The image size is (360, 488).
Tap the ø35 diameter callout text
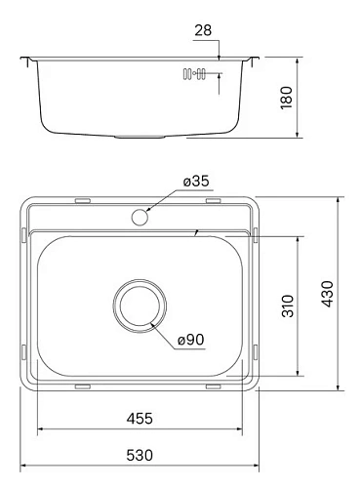[196, 181]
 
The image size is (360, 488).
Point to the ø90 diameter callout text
[191, 339]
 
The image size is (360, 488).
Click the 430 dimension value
[328, 292]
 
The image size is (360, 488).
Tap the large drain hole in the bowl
[139, 305]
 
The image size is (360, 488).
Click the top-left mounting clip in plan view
[82, 201]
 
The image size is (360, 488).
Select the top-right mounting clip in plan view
[214, 201]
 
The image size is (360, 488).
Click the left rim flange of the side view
[27, 62]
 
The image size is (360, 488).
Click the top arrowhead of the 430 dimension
[339, 198]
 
